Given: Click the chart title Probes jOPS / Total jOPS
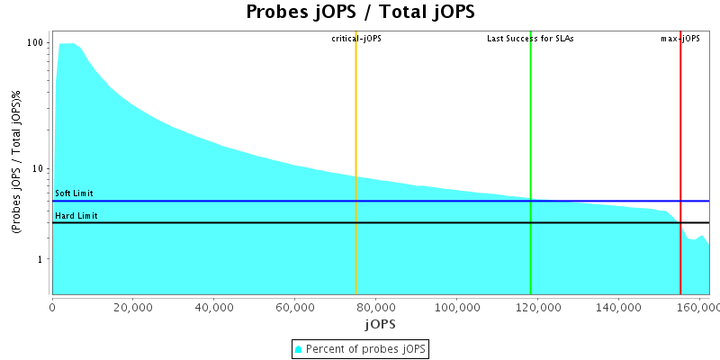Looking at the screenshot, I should tap(360, 13).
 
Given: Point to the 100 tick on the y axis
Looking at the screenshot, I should tap(36, 43).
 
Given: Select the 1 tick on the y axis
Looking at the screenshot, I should tap(42, 259).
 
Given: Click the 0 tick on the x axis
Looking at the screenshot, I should tap(52, 307).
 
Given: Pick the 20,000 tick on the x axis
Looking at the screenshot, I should tap(133, 307).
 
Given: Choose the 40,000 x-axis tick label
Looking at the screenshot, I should tap(214, 307).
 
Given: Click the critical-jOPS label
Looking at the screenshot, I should tap(356, 39).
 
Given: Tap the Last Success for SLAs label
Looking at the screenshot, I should tap(530, 39).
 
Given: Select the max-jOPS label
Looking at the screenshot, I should tap(679, 39).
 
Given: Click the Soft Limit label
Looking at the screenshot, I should tap(74, 193).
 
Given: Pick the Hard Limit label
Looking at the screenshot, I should tap(76, 216).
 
